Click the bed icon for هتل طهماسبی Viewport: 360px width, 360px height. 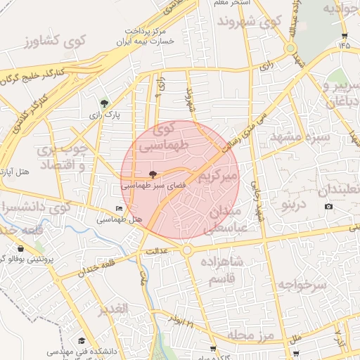[119, 209]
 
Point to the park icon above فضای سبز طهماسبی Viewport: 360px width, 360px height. [153, 174]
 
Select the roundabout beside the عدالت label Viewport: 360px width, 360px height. [188, 250]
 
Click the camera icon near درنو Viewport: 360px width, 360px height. [328, 206]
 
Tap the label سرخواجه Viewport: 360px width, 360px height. [302, 284]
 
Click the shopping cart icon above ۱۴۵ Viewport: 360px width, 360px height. [344, 35]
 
